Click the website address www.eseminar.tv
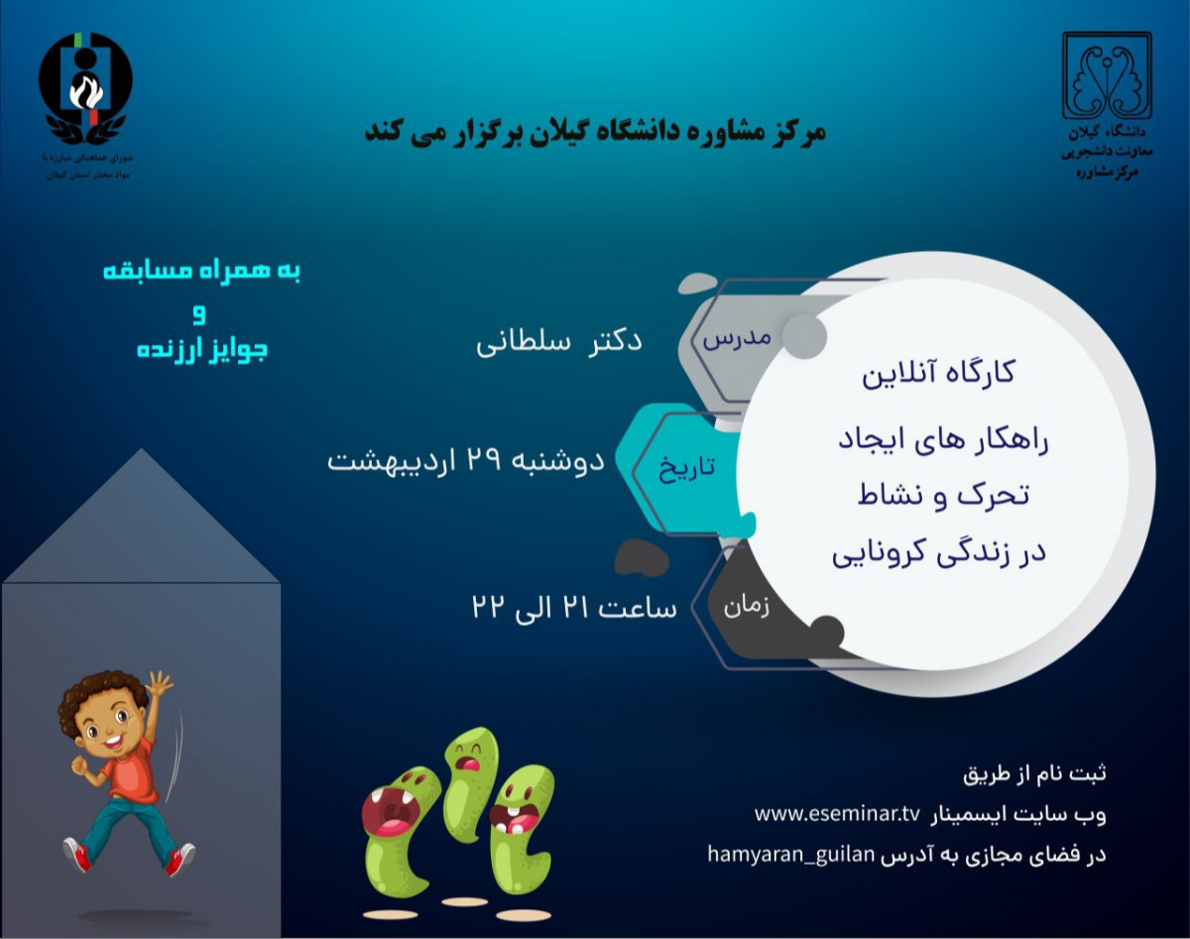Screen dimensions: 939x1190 tap(837, 814)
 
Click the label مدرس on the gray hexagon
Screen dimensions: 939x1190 tap(737, 337)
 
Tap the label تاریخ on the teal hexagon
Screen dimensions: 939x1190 tap(686, 468)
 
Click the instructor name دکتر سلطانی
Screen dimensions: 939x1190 tap(559, 342)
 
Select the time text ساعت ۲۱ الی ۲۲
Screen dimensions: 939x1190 tap(574, 606)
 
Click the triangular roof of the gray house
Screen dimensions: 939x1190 tap(141, 526)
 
